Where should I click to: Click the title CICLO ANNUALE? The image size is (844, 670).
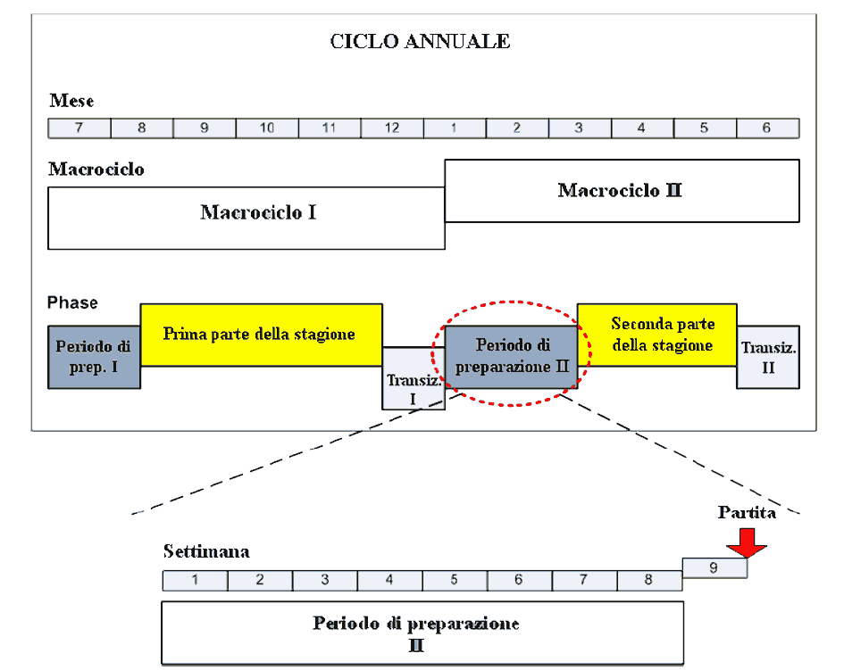pyautogui.click(x=420, y=41)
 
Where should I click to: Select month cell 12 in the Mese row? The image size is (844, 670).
pyautogui.click(x=392, y=128)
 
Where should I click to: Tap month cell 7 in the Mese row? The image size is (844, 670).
pyautogui.click(x=79, y=128)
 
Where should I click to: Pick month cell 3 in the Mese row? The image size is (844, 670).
pyautogui.click(x=580, y=128)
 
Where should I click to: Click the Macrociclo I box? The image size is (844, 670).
pyautogui.click(x=247, y=218)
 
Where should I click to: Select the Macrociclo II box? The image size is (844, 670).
pyautogui.click(x=622, y=190)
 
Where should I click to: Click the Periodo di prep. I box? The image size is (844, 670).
pyautogui.click(x=94, y=357)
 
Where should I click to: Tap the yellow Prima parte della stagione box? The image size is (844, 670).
pyautogui.click(x=261, y=335)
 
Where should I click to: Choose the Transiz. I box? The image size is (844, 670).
pyautogui.click(x=413, y=378)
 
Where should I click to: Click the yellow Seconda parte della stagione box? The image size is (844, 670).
pyautogui.click(x=656, y=335)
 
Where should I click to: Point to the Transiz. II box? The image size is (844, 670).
pyautogui.click(x=768, y=357)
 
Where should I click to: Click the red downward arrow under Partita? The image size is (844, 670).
pyautogui.click(x=747, y=543)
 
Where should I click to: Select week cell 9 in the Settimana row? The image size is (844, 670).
pyautogui.click(x=714, y=567)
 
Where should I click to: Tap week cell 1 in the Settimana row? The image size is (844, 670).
pyautogui.click(x=195, y=581)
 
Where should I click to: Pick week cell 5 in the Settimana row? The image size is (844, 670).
pyautogui.click(x=455, y=581)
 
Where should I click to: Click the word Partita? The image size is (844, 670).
pyautogui.click(x=747, y=512)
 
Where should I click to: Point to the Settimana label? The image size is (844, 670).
pyautogui.click(x=206, y=551)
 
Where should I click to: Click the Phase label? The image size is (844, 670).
pyautogui.click(x=72, y=302)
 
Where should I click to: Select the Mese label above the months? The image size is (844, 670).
pyautogui.click(x=71, y=101)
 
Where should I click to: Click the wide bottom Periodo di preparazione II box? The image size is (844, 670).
pyautogui.click(x=422, y=633)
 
